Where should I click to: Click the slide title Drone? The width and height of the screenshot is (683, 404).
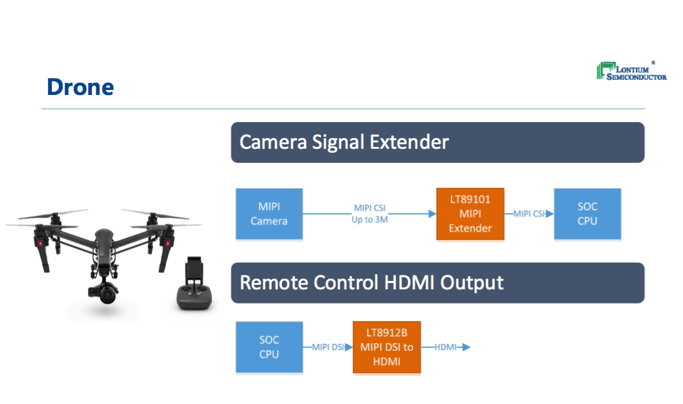pos(80,87)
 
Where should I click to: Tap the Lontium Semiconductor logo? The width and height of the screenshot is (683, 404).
pos(632,71)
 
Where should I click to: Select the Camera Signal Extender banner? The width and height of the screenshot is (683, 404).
pos(437,142)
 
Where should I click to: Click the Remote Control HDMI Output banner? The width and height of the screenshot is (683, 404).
pos(437,282)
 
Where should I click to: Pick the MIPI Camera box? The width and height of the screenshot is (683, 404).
pos(269,214)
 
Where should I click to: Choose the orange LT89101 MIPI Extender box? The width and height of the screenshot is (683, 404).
pos(470,214)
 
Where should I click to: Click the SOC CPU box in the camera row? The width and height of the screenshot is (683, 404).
pos(587,214)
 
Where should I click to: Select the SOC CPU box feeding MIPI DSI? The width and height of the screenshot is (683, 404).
pos(269,347)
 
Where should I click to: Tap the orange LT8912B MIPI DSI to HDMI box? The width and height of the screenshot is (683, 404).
pos(386,347)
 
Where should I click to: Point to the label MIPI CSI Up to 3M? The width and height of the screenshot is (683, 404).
pos(369,214)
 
